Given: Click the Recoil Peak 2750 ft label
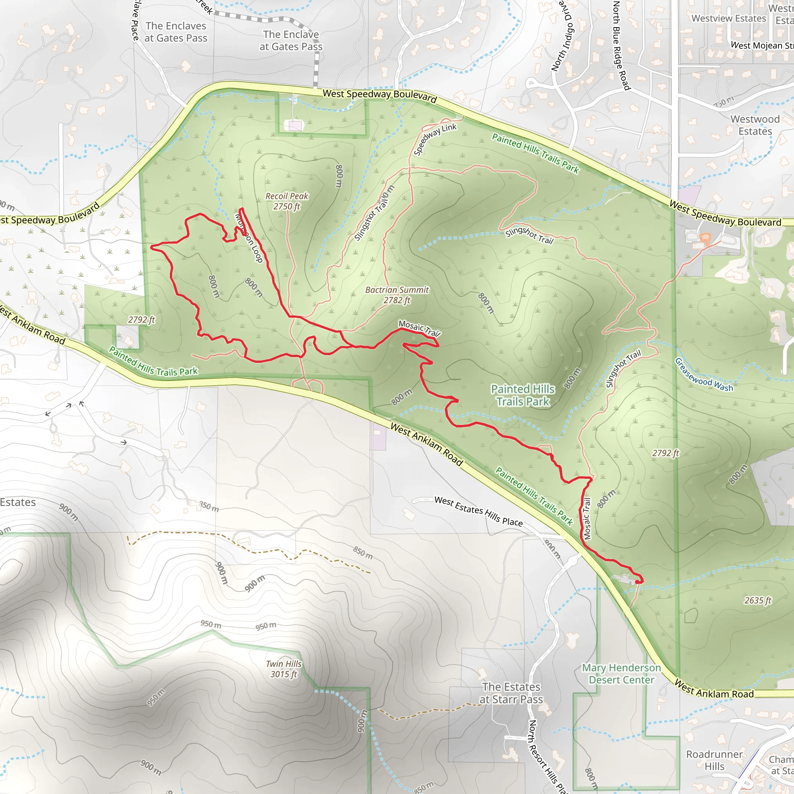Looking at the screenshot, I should click(x=287, y=201).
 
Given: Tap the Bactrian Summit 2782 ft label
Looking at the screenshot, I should click(x=397, y=295).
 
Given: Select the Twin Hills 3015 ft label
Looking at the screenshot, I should click(x=283, y=669).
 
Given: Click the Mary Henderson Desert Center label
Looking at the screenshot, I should click(x=621, y=673).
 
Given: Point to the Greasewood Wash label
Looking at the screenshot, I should click(x=704, y=375).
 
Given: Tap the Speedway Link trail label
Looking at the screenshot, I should click(x=434, y=139).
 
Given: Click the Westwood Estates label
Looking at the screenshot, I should click(x=755, y=125).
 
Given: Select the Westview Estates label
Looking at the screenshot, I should click(x=728, y=19).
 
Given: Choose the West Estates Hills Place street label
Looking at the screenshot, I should click(x=478, y=512).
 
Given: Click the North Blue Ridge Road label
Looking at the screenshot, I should click(x=621, y=45).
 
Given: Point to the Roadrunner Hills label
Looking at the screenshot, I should click(x=714, y=760).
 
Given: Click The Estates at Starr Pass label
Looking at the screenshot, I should click(x=511, y=693).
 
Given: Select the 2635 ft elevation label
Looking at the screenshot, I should click(x=758, y=601).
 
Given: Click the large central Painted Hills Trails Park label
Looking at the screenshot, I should click(x=523, y=395).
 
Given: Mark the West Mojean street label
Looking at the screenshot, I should click(x=761, y=45).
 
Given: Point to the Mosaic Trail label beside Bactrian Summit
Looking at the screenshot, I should click(x=419, y=328).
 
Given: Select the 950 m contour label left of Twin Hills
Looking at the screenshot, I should click(x=211, y=624).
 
